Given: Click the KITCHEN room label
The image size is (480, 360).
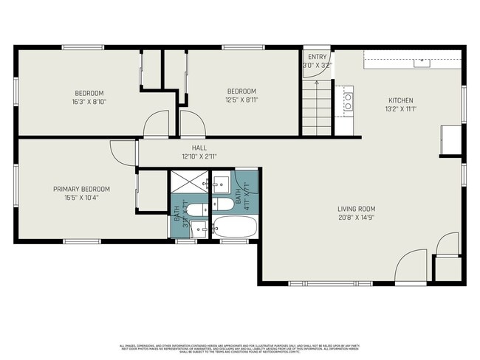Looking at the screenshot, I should [401, 100].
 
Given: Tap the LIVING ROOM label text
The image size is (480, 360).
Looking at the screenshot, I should [357, 210].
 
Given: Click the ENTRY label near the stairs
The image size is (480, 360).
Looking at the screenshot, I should [318, 57].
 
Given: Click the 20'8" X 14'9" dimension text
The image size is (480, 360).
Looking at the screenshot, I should [357, 218].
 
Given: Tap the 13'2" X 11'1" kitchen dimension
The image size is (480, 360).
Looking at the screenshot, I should [401, 109].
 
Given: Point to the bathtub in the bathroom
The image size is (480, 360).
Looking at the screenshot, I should [235, 226].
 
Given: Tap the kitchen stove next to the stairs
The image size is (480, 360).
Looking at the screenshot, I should [346, 101].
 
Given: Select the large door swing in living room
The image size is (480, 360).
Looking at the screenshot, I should [411, 267].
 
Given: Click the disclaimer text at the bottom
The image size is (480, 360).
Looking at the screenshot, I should [239, 347].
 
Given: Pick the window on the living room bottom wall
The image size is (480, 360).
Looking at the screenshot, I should [318, 284].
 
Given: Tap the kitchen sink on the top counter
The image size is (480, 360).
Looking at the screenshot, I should [422, 63].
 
